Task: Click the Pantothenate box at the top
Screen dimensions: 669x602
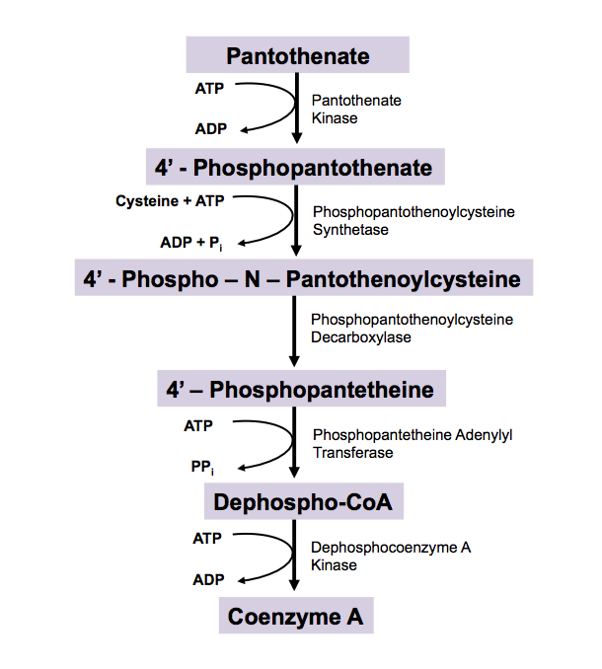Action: tap(297, 55)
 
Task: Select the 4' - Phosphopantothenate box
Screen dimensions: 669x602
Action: tap(293, 168)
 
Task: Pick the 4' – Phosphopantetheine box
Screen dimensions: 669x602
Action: tap(301, 390)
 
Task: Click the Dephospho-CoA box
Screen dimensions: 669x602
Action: tap(303, 503)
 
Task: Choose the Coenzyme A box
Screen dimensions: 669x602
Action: tap(296, 617)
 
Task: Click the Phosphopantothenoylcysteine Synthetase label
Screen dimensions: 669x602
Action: tap(414, 220)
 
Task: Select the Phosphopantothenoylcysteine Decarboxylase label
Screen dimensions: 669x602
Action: tap(412, 329)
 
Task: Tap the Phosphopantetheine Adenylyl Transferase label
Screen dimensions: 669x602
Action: tap(413, 443)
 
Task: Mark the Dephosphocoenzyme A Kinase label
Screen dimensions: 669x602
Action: tap(391, 556)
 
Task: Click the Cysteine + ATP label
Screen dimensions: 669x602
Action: tap(170, 200)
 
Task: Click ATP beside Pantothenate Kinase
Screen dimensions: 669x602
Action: tap(209, 87)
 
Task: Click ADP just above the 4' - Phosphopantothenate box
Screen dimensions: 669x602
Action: tap(209, 128)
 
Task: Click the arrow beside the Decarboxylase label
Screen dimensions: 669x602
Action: tap(295, 331)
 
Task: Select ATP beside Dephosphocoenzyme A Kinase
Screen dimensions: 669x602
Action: tap(207, 539)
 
